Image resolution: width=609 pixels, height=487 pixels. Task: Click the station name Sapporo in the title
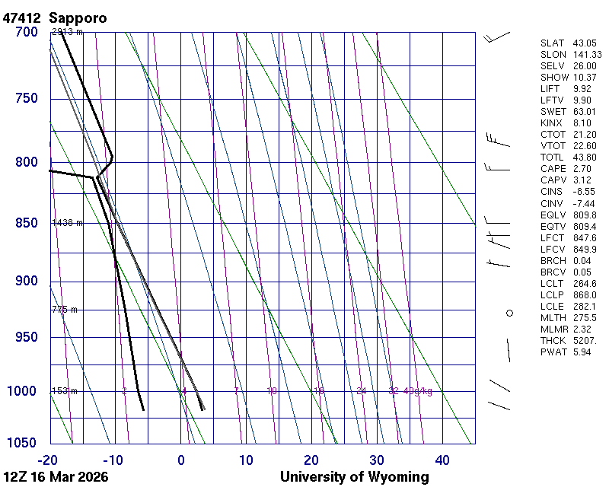coord(78,17)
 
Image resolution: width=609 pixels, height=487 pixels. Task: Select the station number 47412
coord(22,17)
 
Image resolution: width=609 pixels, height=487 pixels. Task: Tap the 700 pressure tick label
coord(27,32)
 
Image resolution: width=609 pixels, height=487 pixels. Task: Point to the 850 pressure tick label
coord(27,223)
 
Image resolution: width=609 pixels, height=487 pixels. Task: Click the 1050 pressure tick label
coord(23,443)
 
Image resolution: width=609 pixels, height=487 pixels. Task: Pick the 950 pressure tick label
coord(27,337)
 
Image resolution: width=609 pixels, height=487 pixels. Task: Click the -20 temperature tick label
coord(48,460)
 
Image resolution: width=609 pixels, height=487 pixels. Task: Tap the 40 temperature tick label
coord(442,460)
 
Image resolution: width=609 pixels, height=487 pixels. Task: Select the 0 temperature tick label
coord(181,460)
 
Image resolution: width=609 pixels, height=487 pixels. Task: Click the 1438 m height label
coord(67,223)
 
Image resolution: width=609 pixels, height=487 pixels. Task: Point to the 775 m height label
coord(65,310)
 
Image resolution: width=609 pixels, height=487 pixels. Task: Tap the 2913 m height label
coord(67,32)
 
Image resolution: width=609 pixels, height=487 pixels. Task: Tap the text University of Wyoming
coord(354,477)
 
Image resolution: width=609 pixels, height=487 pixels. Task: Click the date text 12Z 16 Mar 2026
coord(56,477)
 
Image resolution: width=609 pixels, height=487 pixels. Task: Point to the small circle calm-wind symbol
coord(510,312)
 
